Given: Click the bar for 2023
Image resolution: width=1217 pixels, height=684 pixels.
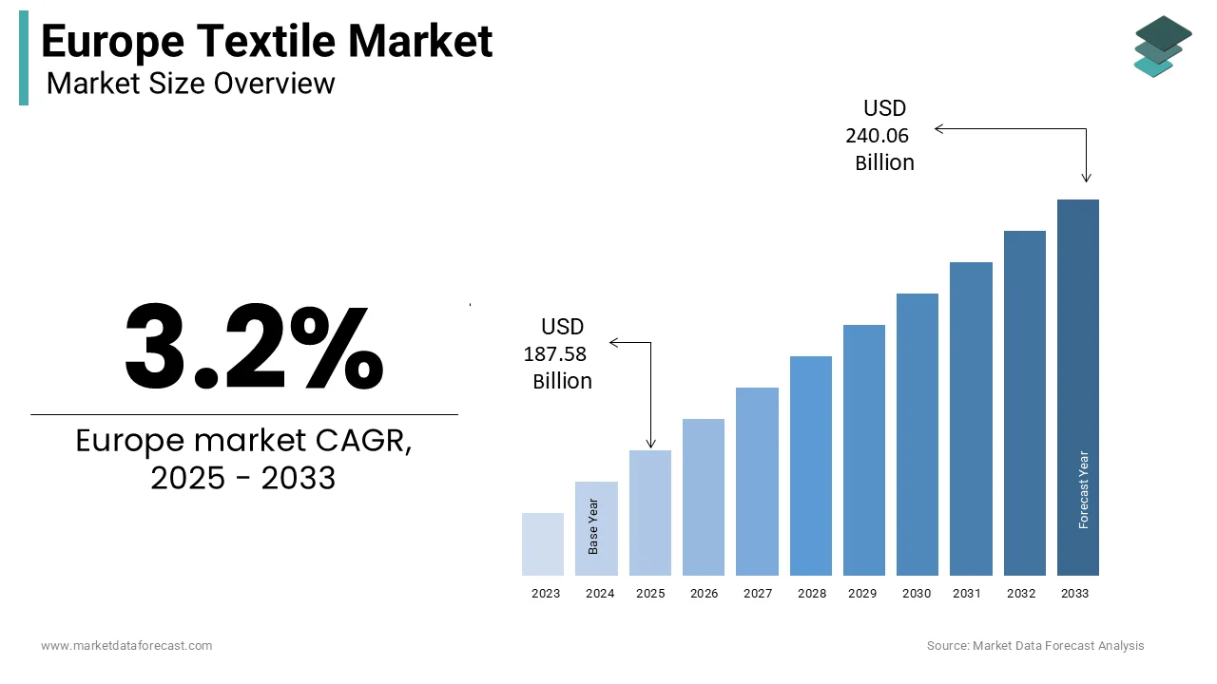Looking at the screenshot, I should click(543, 544).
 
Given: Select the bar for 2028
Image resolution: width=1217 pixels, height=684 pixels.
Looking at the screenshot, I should click(810, 465).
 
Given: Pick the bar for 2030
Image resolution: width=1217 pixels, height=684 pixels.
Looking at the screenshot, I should click(918, 434).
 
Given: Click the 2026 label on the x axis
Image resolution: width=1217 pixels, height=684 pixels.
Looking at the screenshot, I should click(704, 594).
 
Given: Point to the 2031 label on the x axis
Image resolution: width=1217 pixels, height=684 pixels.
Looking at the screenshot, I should click(966, 594).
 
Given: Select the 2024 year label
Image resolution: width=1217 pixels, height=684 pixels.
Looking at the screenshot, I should click(599, 594).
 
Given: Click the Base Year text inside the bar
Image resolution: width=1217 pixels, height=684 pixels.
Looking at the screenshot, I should click(593, 526).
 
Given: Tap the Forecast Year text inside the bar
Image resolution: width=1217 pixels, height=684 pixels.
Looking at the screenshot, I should click(1084, 489).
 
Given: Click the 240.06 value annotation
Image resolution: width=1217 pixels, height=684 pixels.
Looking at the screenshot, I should click(877, 136).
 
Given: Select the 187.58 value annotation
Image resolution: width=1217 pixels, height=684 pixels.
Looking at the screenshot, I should click(554, 354).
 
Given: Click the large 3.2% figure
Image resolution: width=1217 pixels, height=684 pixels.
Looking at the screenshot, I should click(254, 347).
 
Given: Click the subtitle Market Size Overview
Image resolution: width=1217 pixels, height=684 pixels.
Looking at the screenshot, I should click(190, 84).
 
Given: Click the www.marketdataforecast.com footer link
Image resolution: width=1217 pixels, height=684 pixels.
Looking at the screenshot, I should click(126, 646).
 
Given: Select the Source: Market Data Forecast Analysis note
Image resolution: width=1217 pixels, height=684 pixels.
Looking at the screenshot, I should click(1035, 646).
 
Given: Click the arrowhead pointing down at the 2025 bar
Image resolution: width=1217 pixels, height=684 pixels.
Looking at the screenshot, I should click(651, 443).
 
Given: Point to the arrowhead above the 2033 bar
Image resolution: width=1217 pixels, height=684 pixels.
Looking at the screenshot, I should click(1087, 177).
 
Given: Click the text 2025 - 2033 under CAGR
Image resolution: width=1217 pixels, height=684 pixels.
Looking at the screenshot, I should click(243, 478).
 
